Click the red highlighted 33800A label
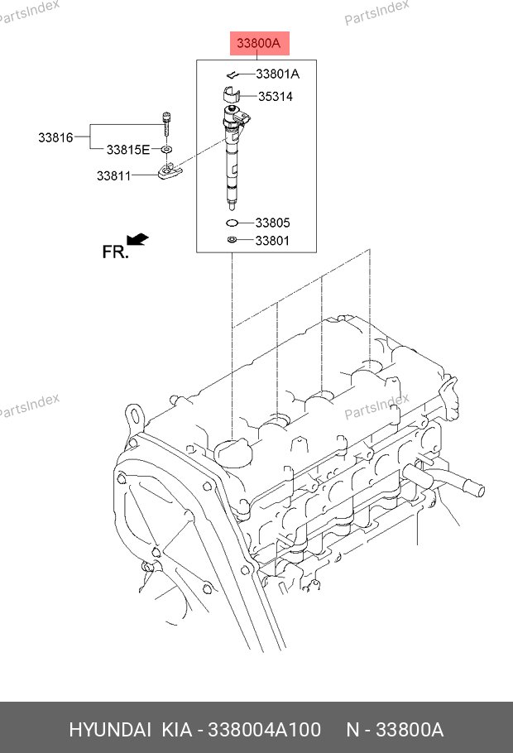point(259,43)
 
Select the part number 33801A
point(278,74)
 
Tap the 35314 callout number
point(276,97)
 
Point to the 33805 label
point(272,223)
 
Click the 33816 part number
point(55,138)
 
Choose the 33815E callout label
point(128,150)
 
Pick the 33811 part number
point(114,176)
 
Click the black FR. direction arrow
point(137,239)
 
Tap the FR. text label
point(115,252)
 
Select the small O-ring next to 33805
point(232,223)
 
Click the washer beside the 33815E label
point(166,149)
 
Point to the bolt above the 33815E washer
point(166,124)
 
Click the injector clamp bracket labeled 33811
point(170,171)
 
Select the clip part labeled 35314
point(231,94)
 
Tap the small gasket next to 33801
point(232,240)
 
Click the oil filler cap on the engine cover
point(233,453)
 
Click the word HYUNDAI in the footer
point(110,730)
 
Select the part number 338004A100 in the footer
point(264,730)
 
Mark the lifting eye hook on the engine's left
point(134,417)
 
